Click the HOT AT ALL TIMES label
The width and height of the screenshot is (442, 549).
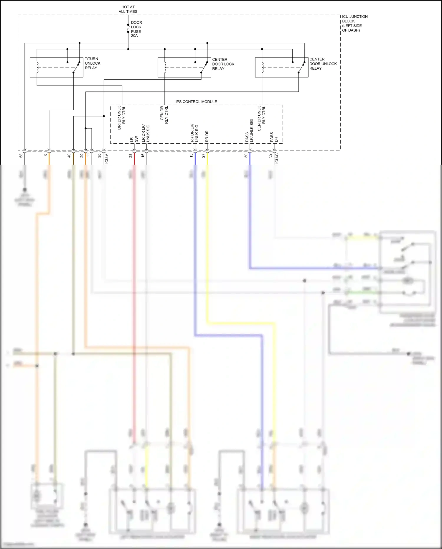click(128, 9)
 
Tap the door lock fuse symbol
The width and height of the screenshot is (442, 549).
click(128, 29)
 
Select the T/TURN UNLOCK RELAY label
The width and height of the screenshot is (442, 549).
click(93, 63)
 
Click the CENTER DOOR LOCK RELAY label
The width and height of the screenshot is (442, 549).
click(223, 64)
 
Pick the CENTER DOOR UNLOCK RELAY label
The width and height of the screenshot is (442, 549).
click(323, 64)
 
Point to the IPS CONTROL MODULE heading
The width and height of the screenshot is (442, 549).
click(196, 101)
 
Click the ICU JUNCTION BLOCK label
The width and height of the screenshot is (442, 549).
click(354, 23)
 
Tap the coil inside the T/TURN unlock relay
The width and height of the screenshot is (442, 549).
click(37, 67)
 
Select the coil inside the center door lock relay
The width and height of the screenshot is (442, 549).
click(165, 67)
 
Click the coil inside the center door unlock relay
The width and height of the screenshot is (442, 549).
click(262, 67)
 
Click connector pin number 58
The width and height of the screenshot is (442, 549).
click(21, 155)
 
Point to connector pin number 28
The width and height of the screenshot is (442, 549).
click(131, 155)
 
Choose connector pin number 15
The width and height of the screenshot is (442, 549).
click(191, 155)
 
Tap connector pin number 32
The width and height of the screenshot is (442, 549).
click(270, 155)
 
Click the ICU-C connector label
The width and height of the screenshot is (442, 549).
click(277, 158)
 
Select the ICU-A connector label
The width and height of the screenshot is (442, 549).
click(107, 158)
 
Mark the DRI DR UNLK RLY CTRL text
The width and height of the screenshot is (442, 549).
click(121, 117)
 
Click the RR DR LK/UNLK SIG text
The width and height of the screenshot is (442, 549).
click(194, 133)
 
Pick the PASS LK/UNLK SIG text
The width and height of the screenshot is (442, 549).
click(249, 131)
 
